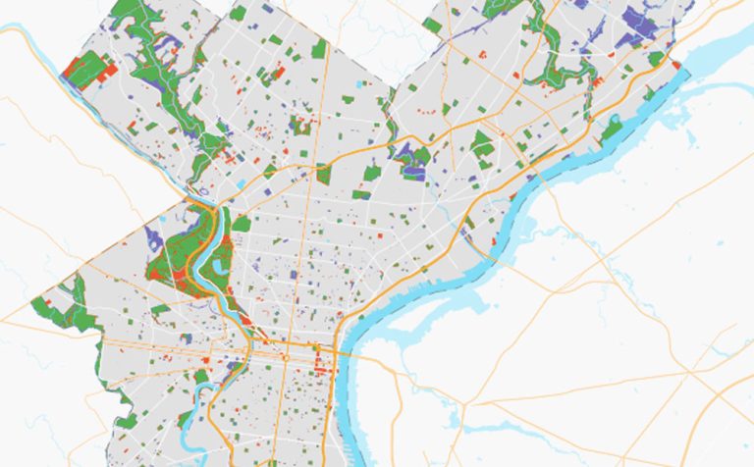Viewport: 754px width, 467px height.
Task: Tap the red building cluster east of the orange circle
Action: [321, 365]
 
